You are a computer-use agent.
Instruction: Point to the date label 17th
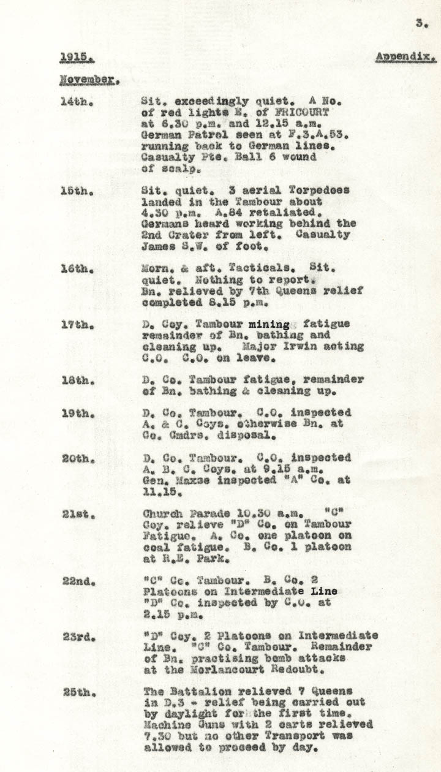click(77, 324)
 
